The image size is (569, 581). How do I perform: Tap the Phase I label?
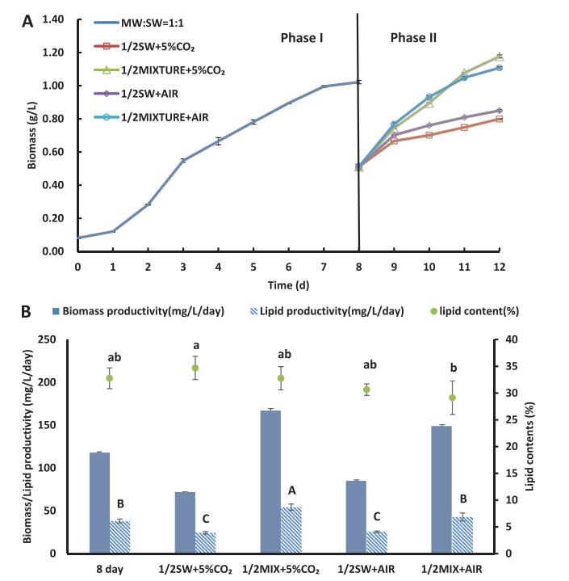pyautogui.click(x=302, y=38)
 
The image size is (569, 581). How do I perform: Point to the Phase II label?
pyautogui.click(x=413, y=38)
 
